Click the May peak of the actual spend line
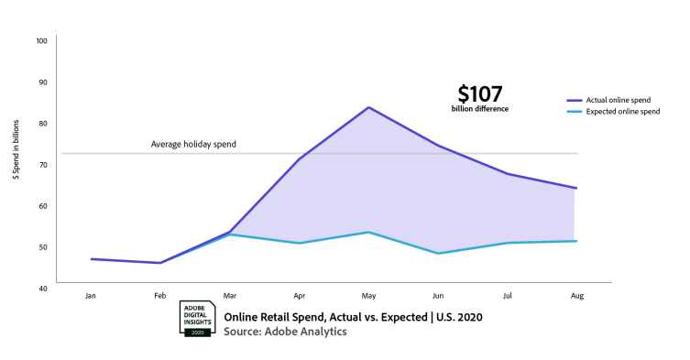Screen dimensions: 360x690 [368, 107]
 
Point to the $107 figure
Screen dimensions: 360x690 [480, 93]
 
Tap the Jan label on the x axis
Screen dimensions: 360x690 [90, 296]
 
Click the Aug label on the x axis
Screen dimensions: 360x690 [575, 296]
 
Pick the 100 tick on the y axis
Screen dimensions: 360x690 [41, 41]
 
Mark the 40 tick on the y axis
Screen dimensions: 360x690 [41, 288]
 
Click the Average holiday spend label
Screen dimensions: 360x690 [194, 144]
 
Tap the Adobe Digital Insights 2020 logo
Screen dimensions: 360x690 [196, 319]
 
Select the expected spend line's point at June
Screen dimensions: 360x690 [438, 253]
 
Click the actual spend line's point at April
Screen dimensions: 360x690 [299, 159]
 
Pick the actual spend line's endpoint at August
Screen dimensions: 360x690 [575, 188]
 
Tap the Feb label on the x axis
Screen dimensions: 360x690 [160, 296]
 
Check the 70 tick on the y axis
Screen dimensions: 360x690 [41, 164]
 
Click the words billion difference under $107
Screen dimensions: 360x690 [479, 109]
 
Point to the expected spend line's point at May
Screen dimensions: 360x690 [368, 232]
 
